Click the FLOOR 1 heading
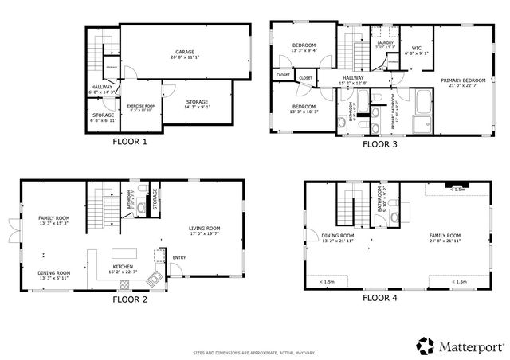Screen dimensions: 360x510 [129, 143]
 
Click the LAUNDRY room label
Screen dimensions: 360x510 [386, 45]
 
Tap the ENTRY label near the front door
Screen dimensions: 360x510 [178, 256]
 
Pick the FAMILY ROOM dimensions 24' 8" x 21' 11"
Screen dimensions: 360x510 [445, 241]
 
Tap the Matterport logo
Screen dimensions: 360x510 [461, 346]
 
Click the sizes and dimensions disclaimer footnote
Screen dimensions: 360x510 [255, 352]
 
